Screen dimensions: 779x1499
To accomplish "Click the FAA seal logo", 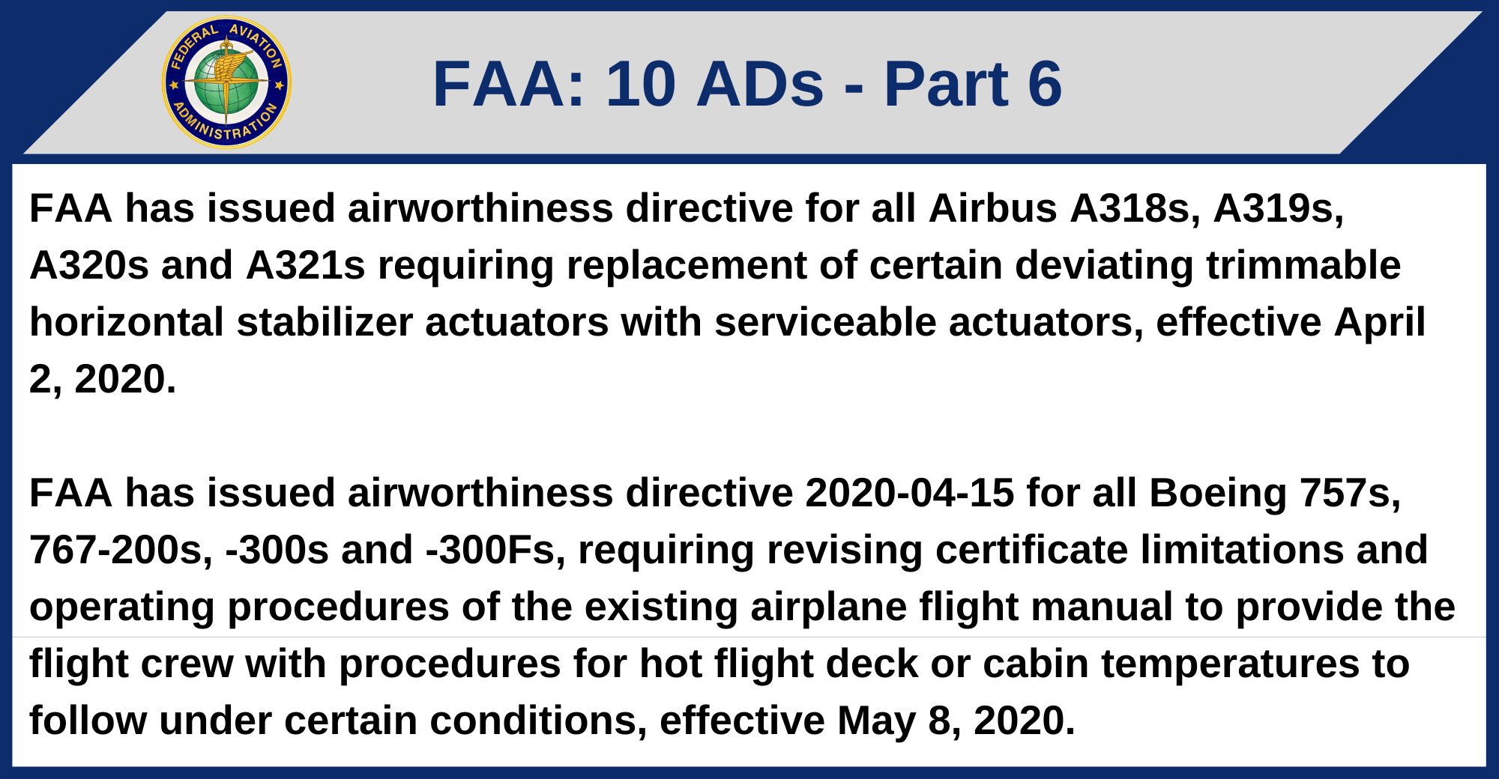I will coord(226,82).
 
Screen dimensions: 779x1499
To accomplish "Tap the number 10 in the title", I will coord(641,84).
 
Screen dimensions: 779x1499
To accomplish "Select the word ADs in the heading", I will coord(760,84).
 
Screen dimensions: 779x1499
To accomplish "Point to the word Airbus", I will coord(992,208).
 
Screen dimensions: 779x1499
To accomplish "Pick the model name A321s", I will coord(306,265).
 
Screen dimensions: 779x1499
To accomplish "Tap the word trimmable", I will coord(1303,265).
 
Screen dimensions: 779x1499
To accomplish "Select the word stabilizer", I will coord(325,322).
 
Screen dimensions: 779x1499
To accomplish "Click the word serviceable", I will coord(825,322).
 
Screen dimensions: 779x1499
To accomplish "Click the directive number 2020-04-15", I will coord(909,493).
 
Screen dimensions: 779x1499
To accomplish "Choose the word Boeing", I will coord(1218,493).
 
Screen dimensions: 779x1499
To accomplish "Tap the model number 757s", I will coord(1350,493).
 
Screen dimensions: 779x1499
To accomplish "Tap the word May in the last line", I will coord(876,721).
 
